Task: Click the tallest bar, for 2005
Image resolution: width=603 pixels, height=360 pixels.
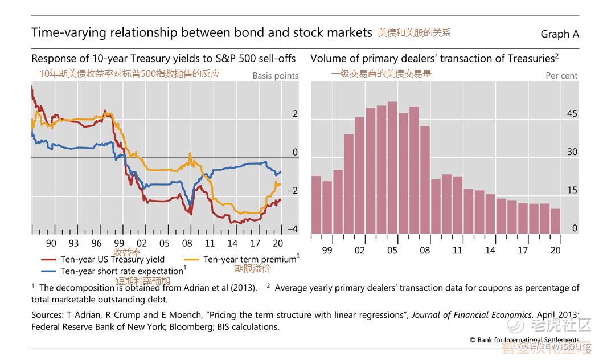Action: [392, 167]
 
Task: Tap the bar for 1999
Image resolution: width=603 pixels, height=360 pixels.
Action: [327, 207]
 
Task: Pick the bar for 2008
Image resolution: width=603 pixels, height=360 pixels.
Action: [425, 180]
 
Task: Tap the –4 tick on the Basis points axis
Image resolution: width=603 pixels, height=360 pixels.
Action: [292, 229]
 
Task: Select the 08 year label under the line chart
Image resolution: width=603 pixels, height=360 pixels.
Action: [187, 243]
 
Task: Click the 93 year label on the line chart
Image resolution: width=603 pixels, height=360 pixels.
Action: [74, 243]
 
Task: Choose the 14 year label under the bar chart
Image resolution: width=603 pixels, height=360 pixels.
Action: [490, 251]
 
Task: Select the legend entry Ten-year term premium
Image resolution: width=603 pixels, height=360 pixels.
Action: [250, 260]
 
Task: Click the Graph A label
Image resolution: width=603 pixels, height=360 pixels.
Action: [559, 34]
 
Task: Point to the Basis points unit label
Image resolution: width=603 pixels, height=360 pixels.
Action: [275, 76]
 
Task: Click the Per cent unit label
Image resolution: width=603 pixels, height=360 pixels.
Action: [561, 76]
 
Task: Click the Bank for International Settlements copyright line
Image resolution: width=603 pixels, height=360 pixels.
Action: [524, 340]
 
